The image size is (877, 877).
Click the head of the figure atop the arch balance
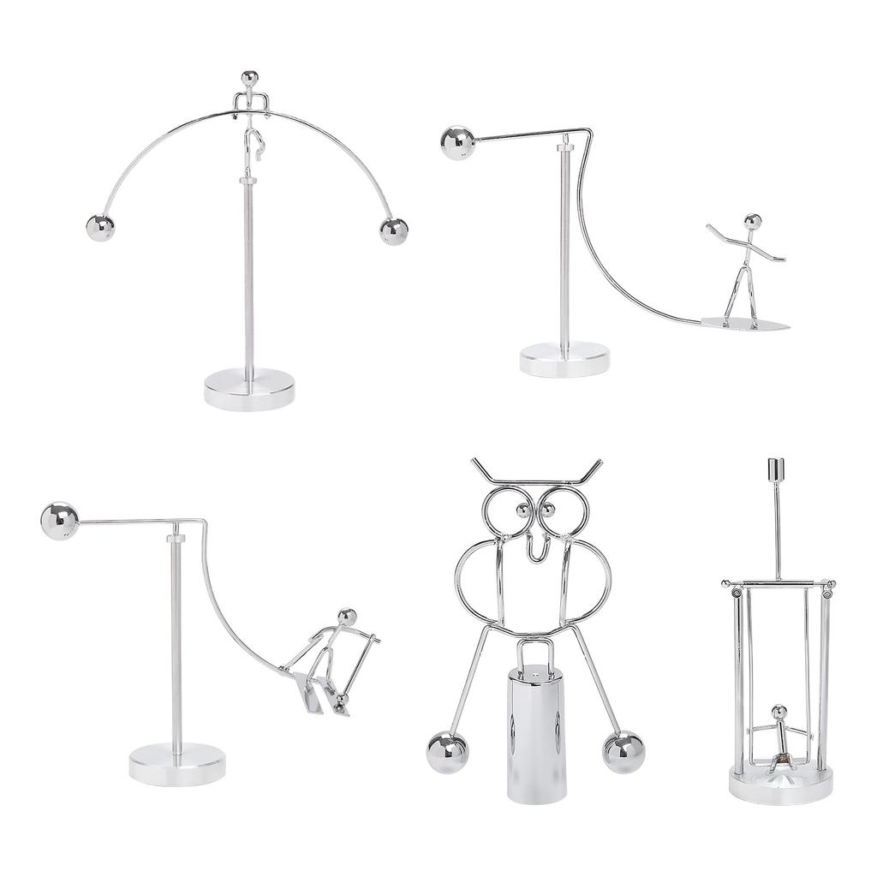pyautogui.click(x=249, y=79)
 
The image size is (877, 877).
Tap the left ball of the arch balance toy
pyautogui.click(x=100, y=228)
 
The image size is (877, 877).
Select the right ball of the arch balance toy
pyautogui.click(x=394, y=231)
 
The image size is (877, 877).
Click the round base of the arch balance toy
pyautogui.click(x=249, y=390)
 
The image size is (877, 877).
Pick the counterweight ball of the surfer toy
pyautogui.click(x=457, y=143)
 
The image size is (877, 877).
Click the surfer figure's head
pyautogui.click(x=752, y=222)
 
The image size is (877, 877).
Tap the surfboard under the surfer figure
pyautogui.click(x=745, y=324)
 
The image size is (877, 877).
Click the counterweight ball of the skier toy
pyautogui.click(x=59, y=521)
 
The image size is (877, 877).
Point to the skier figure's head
pyautogui.click(x=347, y=617)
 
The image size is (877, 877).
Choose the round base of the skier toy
pyautogui.click(x=177, y=763)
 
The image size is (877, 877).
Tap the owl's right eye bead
pyautogui.click(x=548, y=511)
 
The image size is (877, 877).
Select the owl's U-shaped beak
pyautogui.click(x=536, y=548)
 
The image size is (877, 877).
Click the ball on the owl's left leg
pyautogui.click(x=447, y=751)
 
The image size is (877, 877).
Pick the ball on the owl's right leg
pyautogui.click(x=623, y=751)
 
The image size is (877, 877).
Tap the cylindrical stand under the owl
pyautogui.click(x=537, y=737)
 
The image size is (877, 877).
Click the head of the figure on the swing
pyautogui.click(x=779, y=712)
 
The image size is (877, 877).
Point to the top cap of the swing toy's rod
pyautogui.click(x=776, y=470)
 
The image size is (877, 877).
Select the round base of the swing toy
pyautogui.click(x=780, y=784)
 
